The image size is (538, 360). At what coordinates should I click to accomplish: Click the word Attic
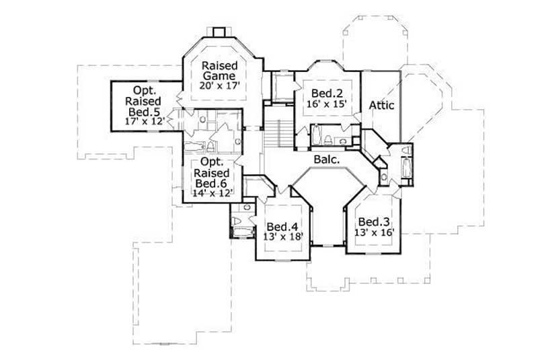tap(381, 105)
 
